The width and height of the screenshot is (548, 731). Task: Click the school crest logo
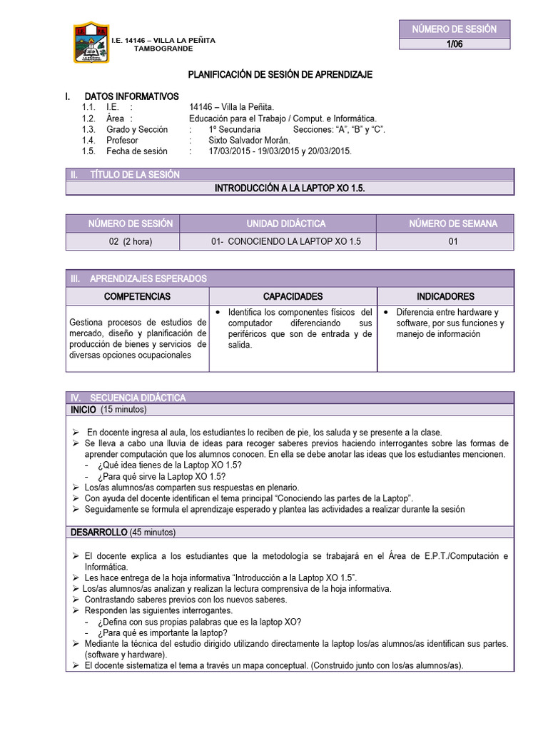coord(91,44)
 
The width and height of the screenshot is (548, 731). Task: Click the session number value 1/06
coord(454,44)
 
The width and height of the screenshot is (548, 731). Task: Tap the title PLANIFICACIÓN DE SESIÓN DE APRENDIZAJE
coord(280,74)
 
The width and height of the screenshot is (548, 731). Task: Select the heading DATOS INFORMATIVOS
coord(131,96)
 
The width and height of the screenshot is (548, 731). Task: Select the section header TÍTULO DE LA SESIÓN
coord(134,174)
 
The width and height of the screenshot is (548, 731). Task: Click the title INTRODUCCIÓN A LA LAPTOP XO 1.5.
coord(289,188)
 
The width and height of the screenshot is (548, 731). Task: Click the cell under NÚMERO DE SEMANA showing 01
coord(452,242)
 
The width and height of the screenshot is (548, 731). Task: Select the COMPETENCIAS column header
coord(138,296)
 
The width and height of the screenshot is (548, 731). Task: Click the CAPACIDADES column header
coord(293,296)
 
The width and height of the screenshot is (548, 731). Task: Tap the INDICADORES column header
coord(445,296)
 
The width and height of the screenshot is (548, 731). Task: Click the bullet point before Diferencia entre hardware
coord(385,313)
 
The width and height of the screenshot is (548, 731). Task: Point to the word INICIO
coord(83,410)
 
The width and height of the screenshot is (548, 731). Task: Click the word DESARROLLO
coord(98,533)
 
